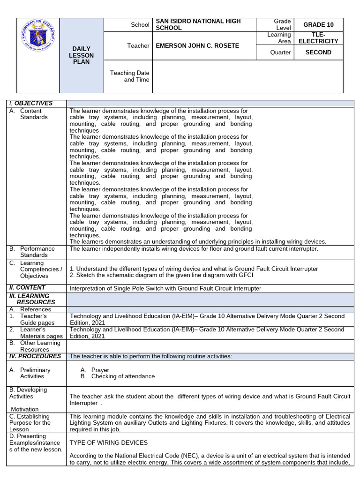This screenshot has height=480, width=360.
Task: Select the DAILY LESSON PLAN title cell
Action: [82, 55]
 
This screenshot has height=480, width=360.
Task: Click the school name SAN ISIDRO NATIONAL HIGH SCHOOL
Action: [198, 25]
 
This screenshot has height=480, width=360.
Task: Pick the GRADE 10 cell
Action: [318, 25]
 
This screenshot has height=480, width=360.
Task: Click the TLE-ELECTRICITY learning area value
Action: [318, 38]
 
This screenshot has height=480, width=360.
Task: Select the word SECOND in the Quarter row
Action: [318, 52]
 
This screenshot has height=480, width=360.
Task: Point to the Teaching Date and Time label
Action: [129, 76]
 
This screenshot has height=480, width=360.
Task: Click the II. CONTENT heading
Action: [27, 287]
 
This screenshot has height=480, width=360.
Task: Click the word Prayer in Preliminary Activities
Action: [100, 370]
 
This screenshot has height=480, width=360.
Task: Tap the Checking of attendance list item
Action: [123, 376]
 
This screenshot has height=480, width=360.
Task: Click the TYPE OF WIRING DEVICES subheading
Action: [108, 442]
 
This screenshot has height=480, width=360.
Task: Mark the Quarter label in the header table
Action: [280, 52]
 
